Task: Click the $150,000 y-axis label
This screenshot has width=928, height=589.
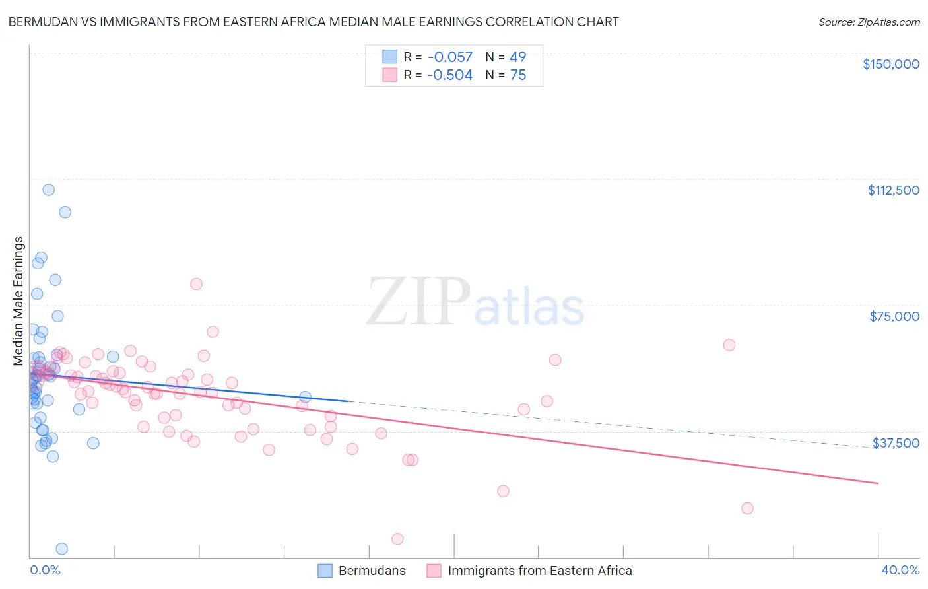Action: [890, 64]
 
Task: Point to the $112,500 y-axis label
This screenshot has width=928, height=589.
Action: [893, 190]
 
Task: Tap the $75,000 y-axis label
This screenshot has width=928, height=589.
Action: [894, 316]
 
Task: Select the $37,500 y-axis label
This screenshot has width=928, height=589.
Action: [896, 443]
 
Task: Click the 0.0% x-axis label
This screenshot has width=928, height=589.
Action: [45, 571]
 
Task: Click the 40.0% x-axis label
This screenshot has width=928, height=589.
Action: [900, 571]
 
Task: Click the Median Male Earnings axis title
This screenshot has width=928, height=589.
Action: [18, 301]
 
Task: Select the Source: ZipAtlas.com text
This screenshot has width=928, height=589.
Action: [869, 22]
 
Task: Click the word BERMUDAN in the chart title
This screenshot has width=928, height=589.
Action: [43, 22]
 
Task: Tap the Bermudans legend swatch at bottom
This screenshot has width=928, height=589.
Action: [325, 571]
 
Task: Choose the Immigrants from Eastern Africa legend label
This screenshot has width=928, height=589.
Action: [539, 571]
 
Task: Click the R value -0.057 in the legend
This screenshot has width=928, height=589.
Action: [449, 57]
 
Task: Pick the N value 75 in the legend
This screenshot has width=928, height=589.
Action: [518, 75]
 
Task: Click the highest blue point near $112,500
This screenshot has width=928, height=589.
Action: [48, 190]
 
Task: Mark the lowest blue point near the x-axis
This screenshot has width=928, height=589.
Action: [61, 549]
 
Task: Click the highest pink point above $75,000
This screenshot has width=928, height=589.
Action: [196, 284]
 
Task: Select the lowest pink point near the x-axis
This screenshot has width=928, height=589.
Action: [397, 539]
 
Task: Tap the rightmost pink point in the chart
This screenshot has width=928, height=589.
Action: [747, 508]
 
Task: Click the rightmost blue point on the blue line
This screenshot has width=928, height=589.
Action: [305, 397]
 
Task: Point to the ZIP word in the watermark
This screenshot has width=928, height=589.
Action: [418, 302]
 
